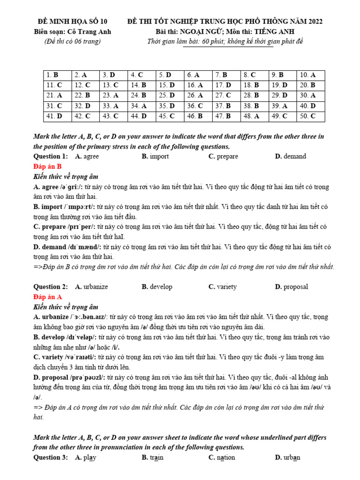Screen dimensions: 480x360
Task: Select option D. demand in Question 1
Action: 291,156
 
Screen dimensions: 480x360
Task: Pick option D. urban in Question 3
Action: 288,457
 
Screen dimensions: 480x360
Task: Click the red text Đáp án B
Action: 47,166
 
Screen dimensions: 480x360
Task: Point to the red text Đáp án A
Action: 47,297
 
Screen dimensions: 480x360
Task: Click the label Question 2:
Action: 51,286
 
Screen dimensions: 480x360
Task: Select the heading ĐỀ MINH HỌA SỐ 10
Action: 72,22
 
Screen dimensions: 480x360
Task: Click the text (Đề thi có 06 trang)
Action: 72,41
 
